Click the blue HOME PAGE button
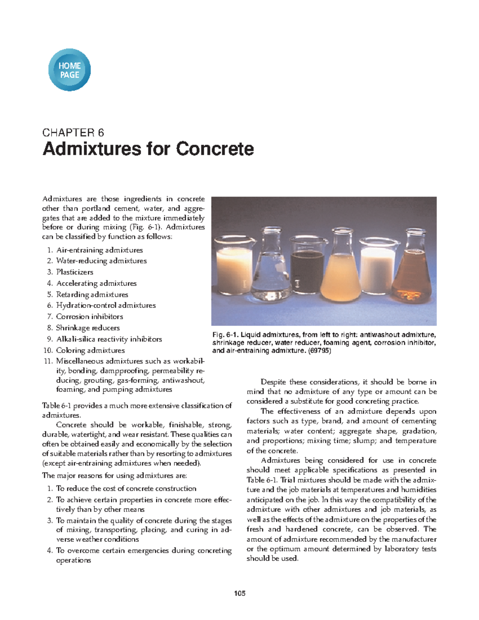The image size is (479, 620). pos(69,70)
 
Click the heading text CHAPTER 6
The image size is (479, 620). pos(73,133)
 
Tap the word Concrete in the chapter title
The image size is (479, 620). pos(215,149)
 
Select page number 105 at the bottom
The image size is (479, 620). pos(239,593)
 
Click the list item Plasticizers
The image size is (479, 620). pos(75,272)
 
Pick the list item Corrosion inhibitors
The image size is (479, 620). pos(89,317)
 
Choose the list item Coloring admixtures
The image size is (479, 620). pos(90,351)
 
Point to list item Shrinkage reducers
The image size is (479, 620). pos(88,328)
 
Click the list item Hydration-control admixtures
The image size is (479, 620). pos(106,305)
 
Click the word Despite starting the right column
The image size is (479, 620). pos(273,382)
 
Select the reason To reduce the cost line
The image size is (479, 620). pos(126,489)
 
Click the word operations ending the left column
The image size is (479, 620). pos(73,561)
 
